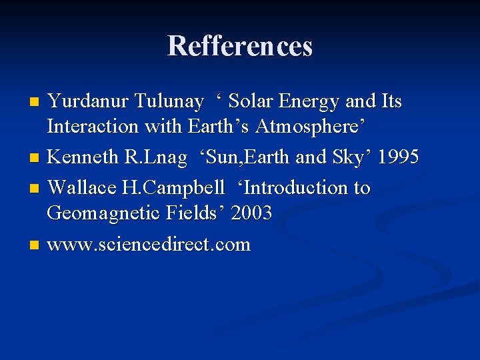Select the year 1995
click(398, 157)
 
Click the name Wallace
click(83, 188)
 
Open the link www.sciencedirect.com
click(149, 245)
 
